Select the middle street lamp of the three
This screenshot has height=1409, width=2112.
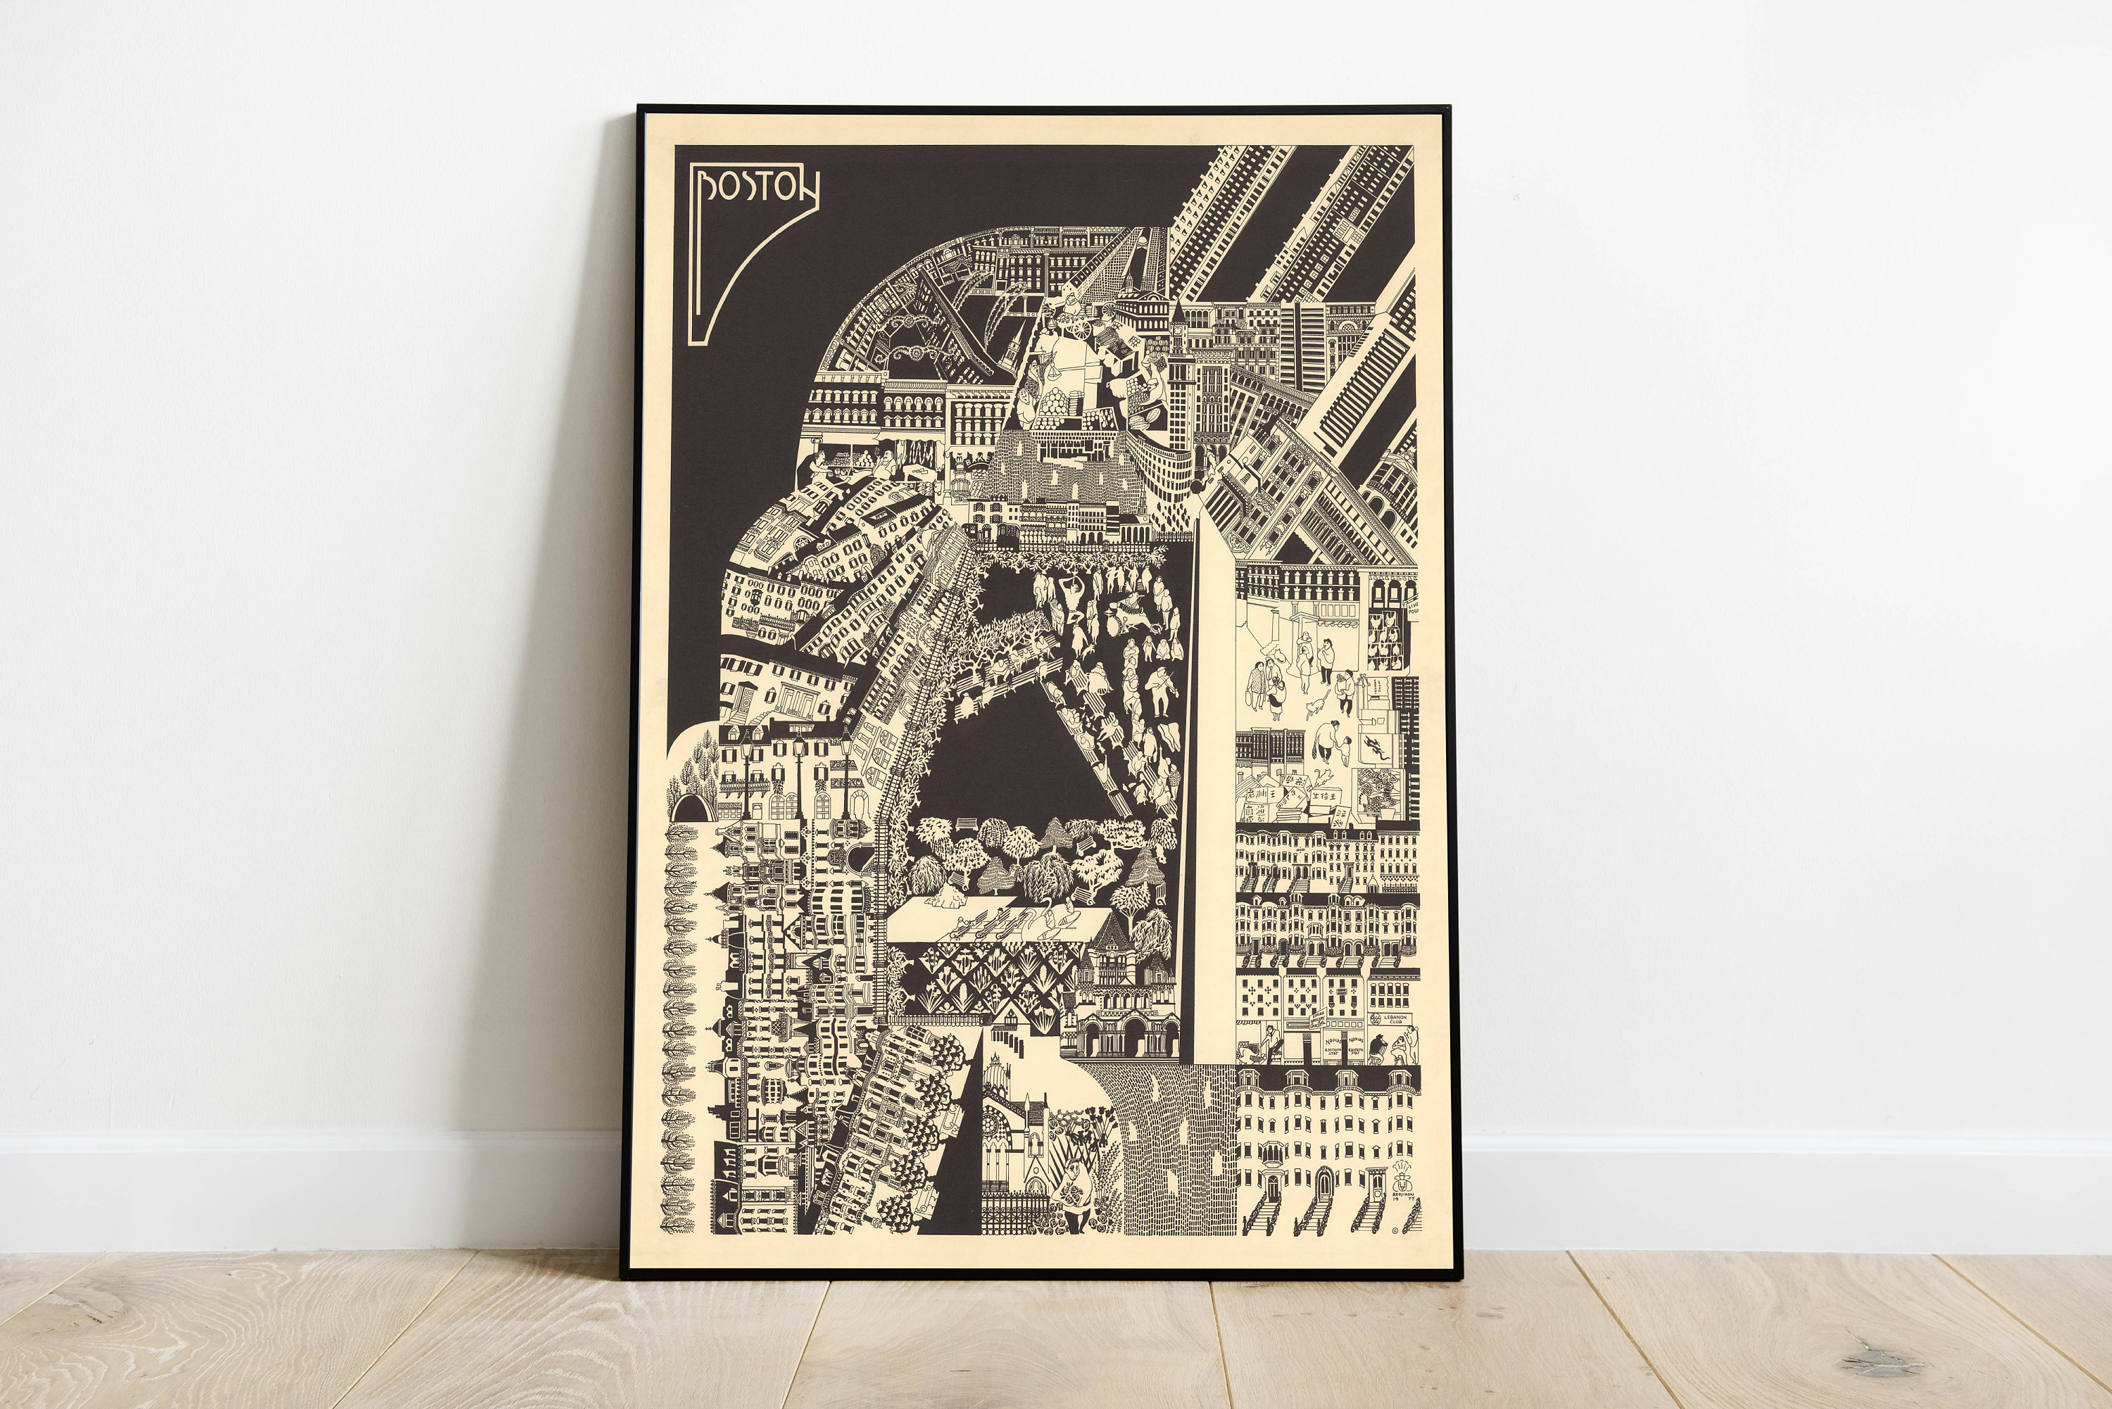coord(798,764)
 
